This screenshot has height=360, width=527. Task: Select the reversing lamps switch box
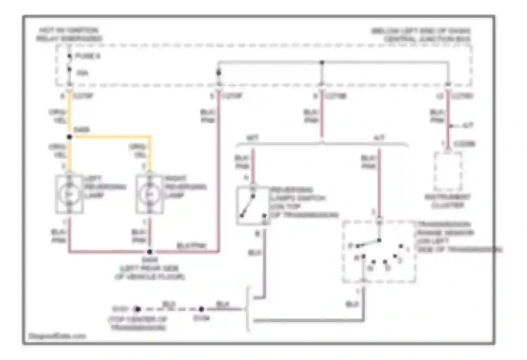253,206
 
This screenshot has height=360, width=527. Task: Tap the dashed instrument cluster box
448,171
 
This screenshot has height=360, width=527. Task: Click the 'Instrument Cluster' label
448,201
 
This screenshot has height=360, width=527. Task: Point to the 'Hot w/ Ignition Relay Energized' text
69,34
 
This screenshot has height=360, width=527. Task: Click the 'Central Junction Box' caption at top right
422,35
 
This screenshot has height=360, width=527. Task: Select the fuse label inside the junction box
87,56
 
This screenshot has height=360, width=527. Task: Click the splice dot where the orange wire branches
70,137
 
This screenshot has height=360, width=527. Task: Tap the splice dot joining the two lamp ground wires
150,252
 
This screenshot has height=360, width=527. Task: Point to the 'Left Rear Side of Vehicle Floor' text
150,272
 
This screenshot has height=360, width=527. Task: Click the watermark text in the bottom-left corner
57,336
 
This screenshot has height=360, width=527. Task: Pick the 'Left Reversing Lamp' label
104,186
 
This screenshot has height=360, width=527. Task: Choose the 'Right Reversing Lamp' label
185,186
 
